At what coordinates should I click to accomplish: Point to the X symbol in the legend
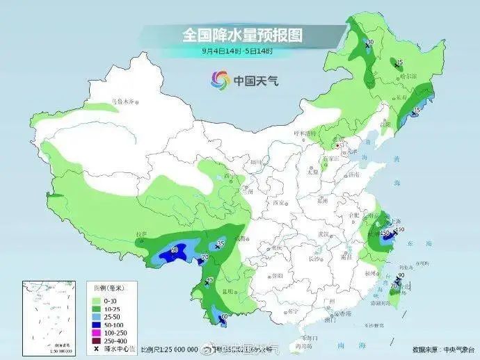coord(96,348)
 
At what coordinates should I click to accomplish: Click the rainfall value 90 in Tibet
coord(174,249)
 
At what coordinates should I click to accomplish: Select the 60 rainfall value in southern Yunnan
coord(224,317)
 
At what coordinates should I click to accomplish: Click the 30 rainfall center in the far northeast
coord(370,43)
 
